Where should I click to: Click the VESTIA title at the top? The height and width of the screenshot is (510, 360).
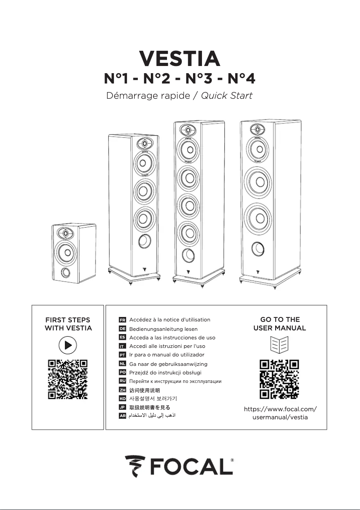[180, 58]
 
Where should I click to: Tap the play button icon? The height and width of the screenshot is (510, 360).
[68, 345]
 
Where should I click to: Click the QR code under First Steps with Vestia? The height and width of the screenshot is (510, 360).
[67, 379]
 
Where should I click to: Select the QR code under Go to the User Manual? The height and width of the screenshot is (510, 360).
[280, 379]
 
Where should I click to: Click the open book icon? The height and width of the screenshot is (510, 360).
[280, 345]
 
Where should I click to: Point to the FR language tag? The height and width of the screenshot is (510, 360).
[122, 320]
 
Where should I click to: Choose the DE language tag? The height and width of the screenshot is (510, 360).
[122, 329]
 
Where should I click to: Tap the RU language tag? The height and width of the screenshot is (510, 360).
[122, 381]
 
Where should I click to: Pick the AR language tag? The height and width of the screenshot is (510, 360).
[122, 416]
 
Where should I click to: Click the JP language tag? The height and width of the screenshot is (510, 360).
[122, 407]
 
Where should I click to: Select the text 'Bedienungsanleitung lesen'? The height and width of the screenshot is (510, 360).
[163, 329]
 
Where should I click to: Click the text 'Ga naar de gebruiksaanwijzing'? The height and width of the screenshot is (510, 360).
[168, 364]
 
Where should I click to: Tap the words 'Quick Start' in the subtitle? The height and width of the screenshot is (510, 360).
[227, 96]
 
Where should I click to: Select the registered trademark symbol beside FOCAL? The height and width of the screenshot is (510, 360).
[232, 460]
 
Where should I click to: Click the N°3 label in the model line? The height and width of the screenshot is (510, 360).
[201, 79]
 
